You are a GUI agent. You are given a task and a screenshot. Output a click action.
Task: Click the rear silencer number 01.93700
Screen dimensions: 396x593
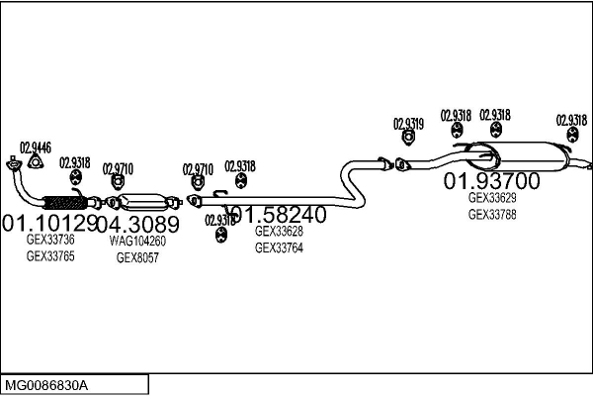tap(491, 181)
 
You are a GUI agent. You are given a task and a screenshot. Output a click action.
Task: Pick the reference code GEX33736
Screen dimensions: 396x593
tap(49, 240)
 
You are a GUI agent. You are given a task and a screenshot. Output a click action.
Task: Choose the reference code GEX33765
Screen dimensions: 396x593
tap(49, 256)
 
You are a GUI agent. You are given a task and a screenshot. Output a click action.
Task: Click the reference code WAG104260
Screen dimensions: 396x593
tap(137, 240)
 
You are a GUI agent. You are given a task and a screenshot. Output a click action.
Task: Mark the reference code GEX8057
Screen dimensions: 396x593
tap(137, 257)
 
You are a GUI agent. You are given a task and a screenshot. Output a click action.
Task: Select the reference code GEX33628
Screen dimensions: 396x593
tap(279, 231)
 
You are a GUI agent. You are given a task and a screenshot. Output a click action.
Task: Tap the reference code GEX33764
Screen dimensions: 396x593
tap(279, 247)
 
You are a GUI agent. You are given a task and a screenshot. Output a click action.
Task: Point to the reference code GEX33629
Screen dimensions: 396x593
tap(491, 197)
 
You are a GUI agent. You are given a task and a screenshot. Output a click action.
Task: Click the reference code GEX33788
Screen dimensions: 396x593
tap(491, 214)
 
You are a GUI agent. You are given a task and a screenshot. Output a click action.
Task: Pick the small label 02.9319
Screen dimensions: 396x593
tap(408, 124)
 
